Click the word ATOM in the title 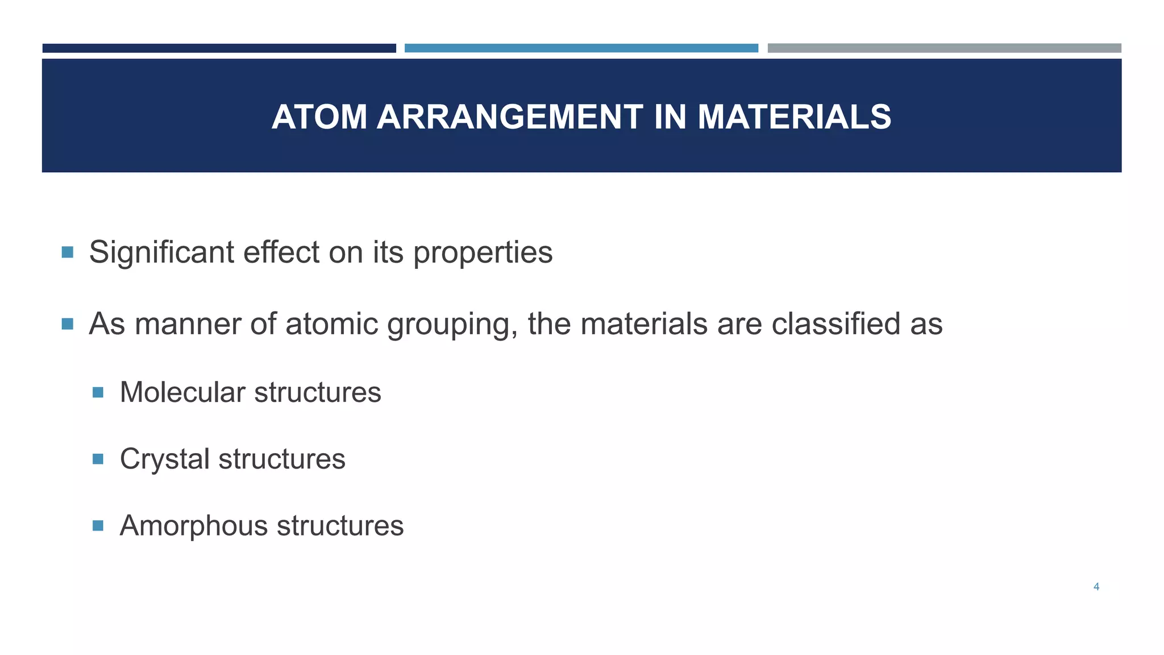pyautogui.click(x=319, y=117)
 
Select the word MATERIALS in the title pyautogui.click(x=794, y=117)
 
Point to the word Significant pyautogui.click(x=161, y=252)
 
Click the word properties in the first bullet pyautogui.click(x=483, y=253)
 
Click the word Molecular pyautogui.click(x=182, y=392)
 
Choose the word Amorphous pyautogui.click(x=194, y=526)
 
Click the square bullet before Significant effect pyautogui.click(x=68, y=252)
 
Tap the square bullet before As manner pyautogui.click(x=68, y=324)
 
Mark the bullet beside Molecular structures pyautogui.click(x=98, y=392)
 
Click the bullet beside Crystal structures pyautogui.click(x=98, y=459)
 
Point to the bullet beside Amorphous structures pyautogui.click(x=98, y=525)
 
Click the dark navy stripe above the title pyautogui.click(x=219, y=48)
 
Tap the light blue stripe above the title pyautogui.click(x=581, y=48)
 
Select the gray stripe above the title pyautogui.click(x=944, y=48)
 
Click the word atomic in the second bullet pyautogui.click(x=332, y=324)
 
